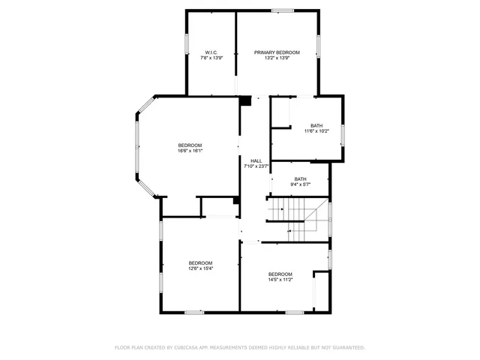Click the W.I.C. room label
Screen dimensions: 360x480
click(212, 52)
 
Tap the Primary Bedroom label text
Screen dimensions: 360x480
click(277, 52)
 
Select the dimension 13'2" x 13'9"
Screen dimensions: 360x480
click(277, 58)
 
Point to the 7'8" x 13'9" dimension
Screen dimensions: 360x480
click(212, 58)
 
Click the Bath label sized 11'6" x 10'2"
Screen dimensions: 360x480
click(316, 125)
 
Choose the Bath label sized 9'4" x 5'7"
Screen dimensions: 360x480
click(301, 178)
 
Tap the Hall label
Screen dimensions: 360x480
click(256, 161)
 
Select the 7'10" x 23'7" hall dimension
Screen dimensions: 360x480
click(256, 166)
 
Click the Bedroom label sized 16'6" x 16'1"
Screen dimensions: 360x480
click(190, 145)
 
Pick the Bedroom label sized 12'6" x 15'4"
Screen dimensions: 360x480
click(200, 262)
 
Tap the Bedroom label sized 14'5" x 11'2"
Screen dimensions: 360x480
click(280, 274)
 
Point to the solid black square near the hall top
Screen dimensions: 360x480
click(245, 100)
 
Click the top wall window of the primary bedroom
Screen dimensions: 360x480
click(282, 10)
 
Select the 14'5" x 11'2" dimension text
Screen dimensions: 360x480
click(280, 280)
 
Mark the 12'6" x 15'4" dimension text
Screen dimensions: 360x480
click(200, 268)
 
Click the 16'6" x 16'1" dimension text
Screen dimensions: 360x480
click(190, 151)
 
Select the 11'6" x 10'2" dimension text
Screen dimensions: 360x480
click(316, 131)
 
